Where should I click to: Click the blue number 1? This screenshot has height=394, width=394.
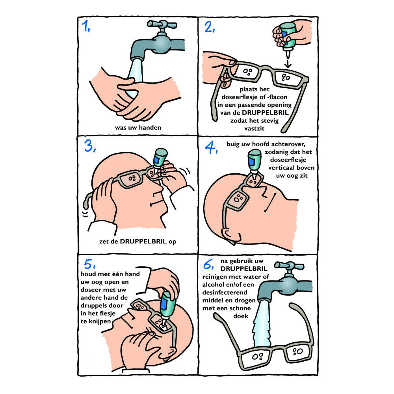[x=85, y=26]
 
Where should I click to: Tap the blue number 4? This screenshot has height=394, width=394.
[x=211, y=147]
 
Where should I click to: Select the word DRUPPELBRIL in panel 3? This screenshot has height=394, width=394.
[x=143, y=242]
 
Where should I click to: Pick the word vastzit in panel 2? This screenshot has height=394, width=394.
[x=254, y=129]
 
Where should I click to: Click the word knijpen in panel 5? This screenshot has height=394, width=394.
[x=100, y=322]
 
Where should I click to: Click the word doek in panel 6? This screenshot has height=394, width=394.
[x=241, y=316]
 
